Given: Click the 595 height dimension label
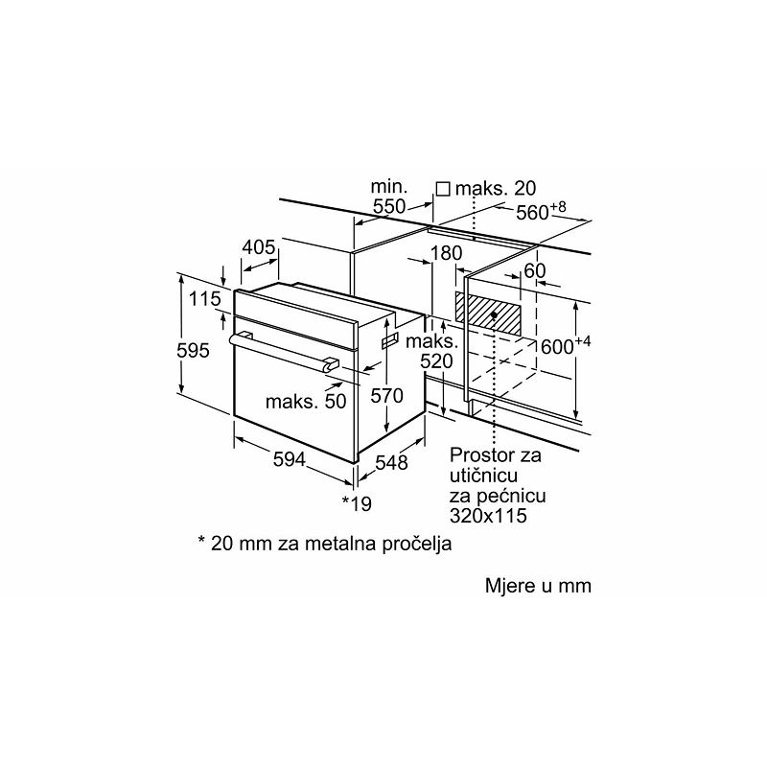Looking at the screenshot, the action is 194,350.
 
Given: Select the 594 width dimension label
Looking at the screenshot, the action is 290,459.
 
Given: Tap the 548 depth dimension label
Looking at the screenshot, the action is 391,462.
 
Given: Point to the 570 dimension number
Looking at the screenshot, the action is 386,395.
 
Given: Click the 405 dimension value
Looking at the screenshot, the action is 259,247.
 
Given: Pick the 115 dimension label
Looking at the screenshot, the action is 205,298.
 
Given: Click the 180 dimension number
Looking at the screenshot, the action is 446,253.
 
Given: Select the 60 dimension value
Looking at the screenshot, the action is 534,270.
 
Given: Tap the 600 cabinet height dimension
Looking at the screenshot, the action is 566,345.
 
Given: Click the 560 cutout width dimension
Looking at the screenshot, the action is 541,211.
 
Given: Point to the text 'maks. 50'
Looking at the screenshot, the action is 306,401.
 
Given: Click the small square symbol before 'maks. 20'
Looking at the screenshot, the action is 443,189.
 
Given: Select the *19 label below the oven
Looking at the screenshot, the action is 357,503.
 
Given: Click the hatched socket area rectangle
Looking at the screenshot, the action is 488,314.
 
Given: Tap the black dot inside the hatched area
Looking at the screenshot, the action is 494,315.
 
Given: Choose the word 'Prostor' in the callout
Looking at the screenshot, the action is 480,454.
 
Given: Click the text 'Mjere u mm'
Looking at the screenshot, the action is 538,586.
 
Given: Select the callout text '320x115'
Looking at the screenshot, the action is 488,516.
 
